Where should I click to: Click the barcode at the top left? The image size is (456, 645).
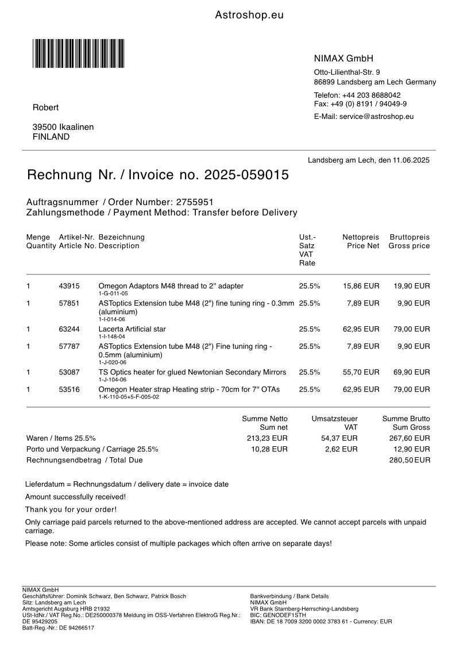click(x=78, y=53)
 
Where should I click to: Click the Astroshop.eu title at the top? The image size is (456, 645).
click(x=249, y=16)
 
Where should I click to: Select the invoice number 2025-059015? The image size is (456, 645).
click(x=247, y=175)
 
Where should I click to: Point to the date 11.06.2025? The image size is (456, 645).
click(x=411, y=160)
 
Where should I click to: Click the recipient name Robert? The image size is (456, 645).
click(x=45, y=107)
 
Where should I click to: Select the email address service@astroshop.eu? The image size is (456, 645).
click(x=376, y=116)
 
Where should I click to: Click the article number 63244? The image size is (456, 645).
click(x=69, y=329)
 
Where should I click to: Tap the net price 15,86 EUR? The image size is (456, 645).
click(x=361, y=285)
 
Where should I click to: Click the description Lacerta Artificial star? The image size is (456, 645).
click(x=132, y=329)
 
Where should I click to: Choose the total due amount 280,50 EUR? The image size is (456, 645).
click(x=410, y=460)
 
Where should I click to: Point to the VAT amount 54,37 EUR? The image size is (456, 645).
click(x=339, y=438)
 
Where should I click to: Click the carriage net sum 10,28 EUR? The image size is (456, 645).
click(x=269, y=449)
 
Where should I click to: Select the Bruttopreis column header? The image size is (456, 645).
click(x=409, y=237)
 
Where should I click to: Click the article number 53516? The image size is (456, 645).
click(x=69, y=389)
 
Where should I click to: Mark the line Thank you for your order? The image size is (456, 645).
click(x=71, y=509)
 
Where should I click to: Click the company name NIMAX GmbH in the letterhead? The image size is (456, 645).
click(x=343, y=59)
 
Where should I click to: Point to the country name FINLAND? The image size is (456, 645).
click(x=51, y=137)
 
